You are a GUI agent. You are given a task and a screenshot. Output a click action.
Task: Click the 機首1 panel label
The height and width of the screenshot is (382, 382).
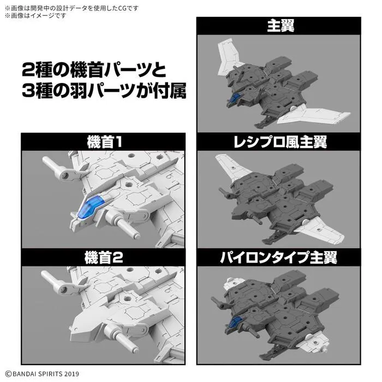tap(104, 142)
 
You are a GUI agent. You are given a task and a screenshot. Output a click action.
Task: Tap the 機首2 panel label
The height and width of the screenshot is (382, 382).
tap(104, 256)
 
